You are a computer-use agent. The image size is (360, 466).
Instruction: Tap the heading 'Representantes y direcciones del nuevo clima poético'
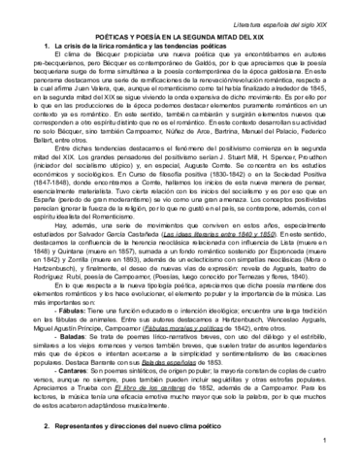click(165, 398)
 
